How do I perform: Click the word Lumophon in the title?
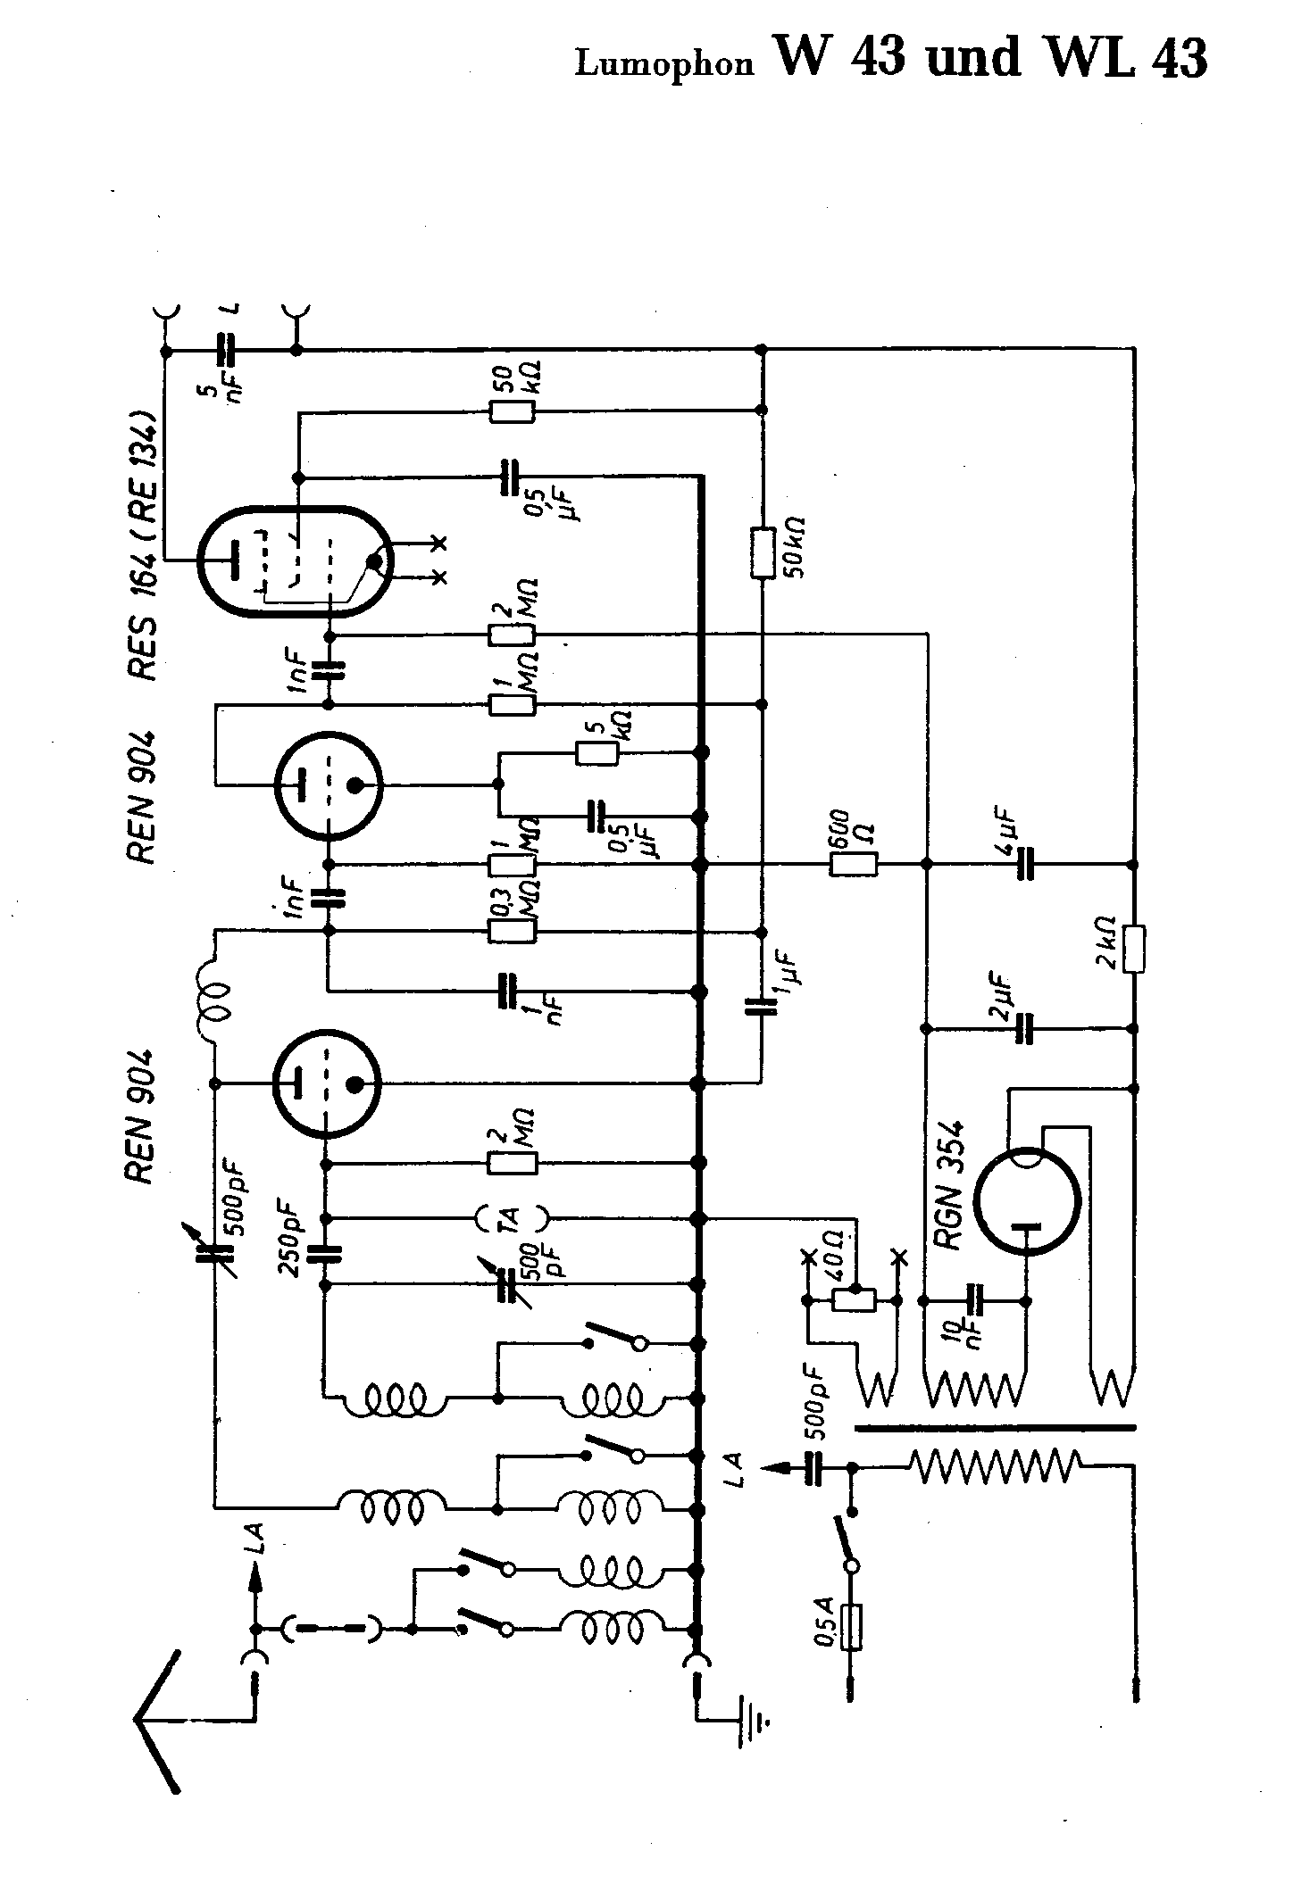tap(663, 64)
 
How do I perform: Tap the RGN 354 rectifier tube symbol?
tap(1026, 1200)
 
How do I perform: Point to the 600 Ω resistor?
tap(854, 864)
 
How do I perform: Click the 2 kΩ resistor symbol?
tap(1135, 949)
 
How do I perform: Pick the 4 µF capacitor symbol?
tap(1025, 864)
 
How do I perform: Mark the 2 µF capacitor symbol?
tap(1025, 1029)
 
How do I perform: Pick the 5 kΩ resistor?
tap(597, 752)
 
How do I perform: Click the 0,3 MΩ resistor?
tap(513, 931)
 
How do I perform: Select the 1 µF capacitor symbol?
tap(761, 1007)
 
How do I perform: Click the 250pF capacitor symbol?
tap(324, 1252)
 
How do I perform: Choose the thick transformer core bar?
tap(996, 1427)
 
